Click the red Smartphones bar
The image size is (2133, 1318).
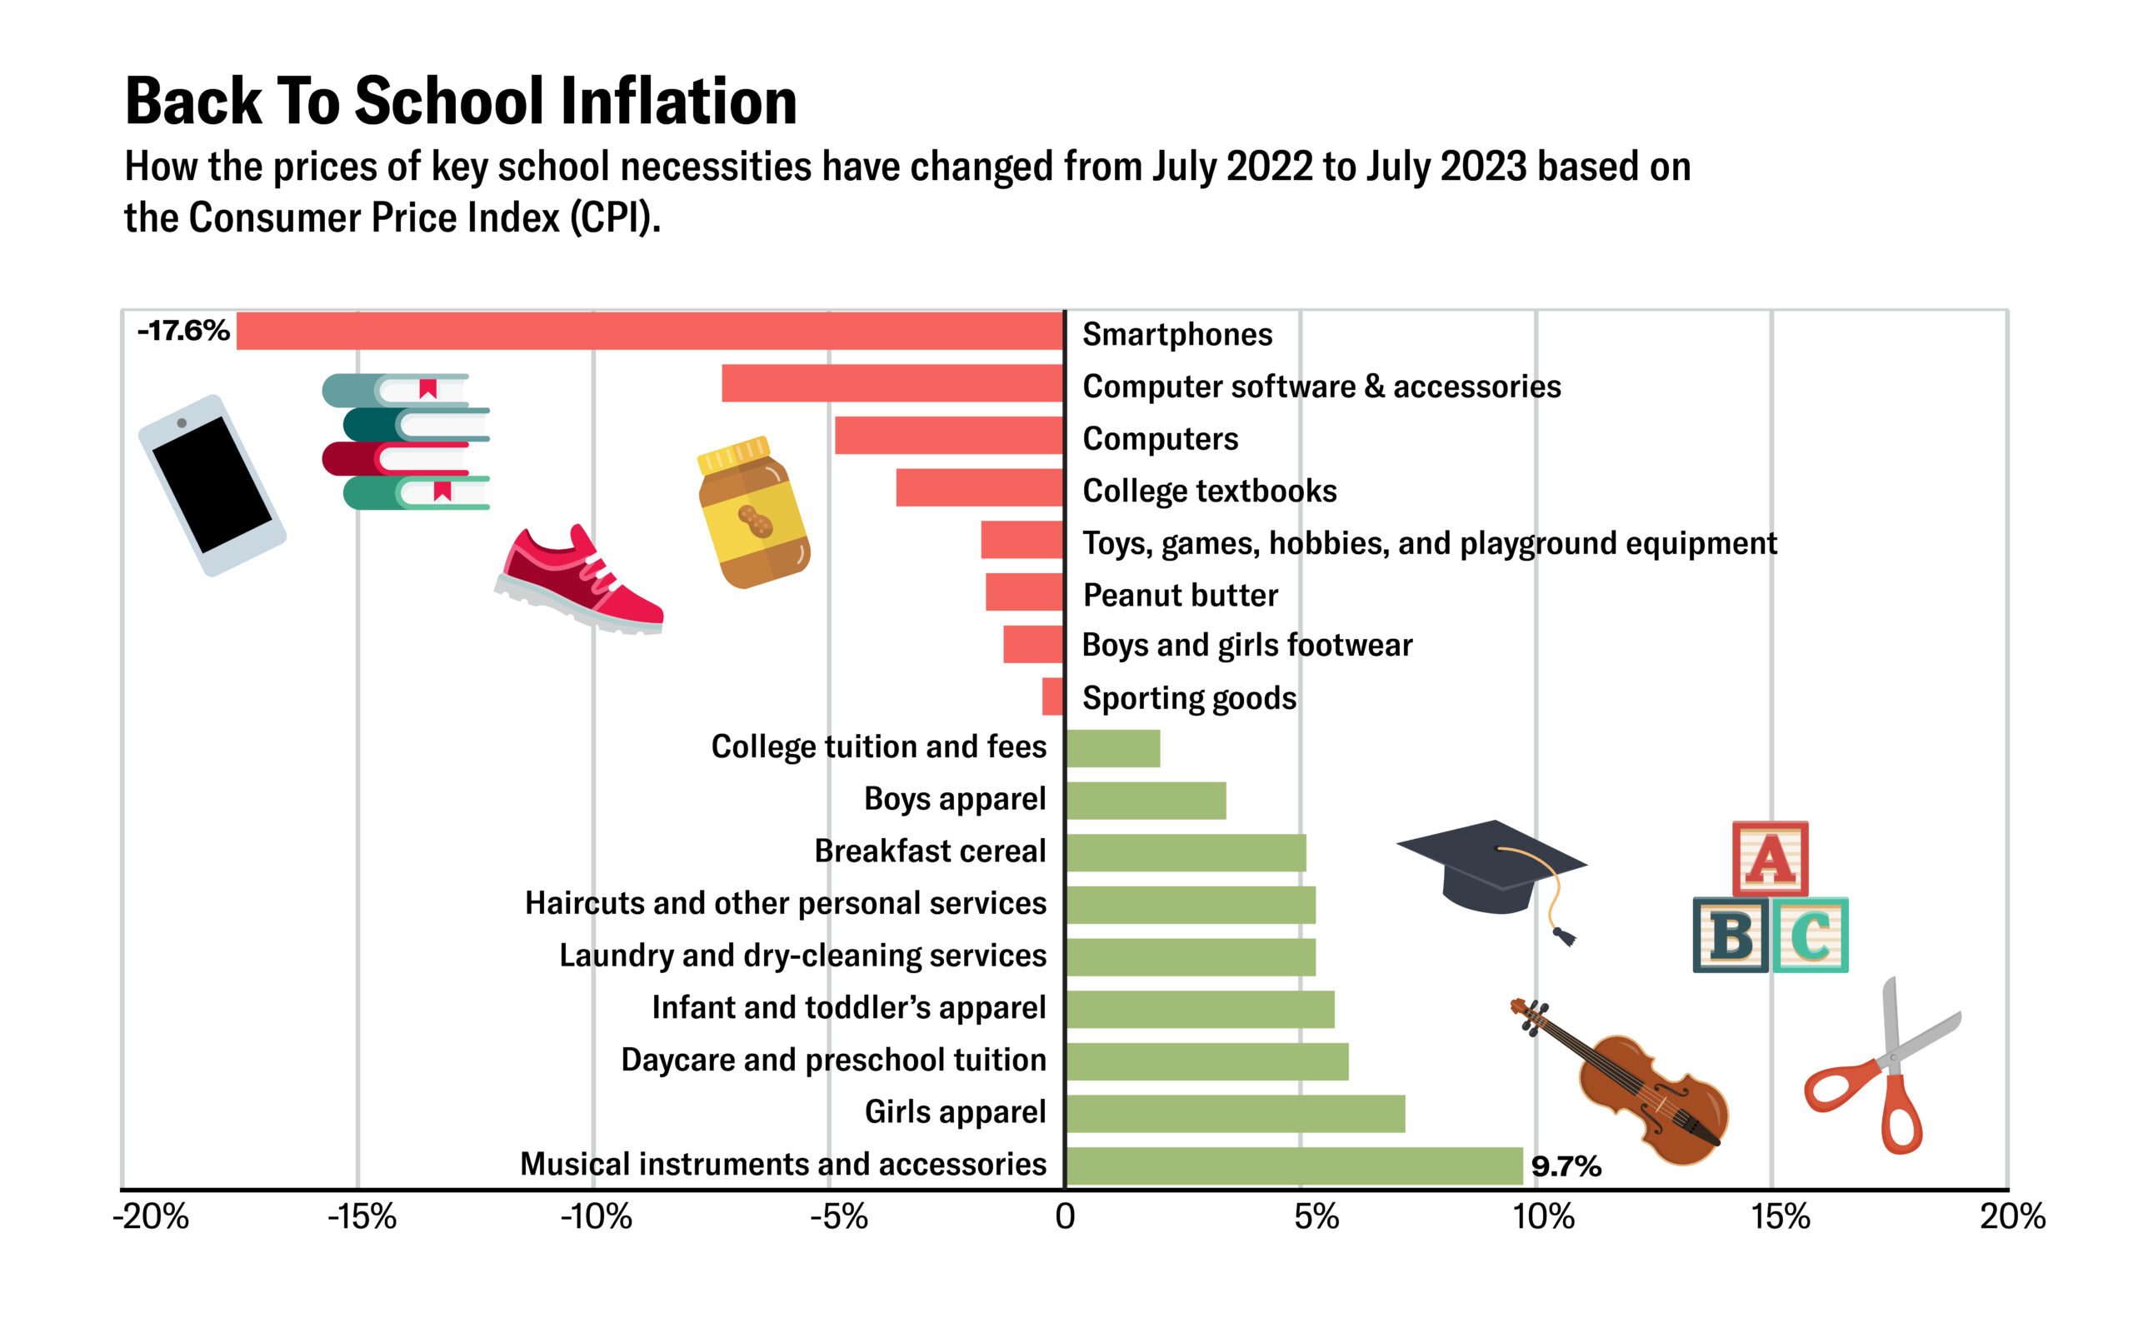(x=649, y=332)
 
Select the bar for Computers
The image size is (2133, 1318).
(x=948, y=435)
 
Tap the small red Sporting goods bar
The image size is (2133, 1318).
(x=1052, y=696)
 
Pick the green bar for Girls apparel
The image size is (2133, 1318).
(x=1234, y=1113)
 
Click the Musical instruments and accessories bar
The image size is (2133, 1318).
(x=1294, y=1166)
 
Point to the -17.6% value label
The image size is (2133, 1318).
(x=183, y=331)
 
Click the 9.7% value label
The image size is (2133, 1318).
(x=1566, y=1166)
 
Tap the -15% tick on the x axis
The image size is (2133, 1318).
(x=362, y=1217)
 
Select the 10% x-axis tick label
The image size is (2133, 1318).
(x=1543, y=1217)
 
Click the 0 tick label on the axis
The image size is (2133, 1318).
(x=1064, y=1217)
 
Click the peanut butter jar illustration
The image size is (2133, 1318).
(x=754, y=514)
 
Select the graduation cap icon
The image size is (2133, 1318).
(x=1492, y=867)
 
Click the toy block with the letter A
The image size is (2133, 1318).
(x=1770, y=859)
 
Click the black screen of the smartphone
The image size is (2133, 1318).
(x=211, y=484)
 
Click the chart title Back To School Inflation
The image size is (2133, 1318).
(x=460, y=101)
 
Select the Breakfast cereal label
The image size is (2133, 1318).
(x=929, y=851)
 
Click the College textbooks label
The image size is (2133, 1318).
(x=1209, y=491)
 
